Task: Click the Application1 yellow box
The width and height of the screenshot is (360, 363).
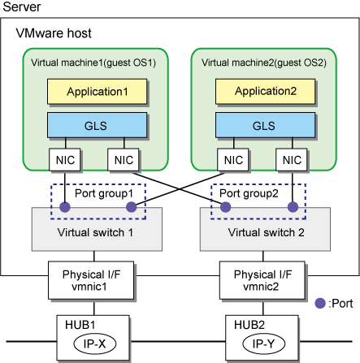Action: point(97,92)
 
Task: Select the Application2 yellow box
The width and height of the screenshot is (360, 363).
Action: point(265,91)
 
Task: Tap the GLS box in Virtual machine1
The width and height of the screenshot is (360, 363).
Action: point(97,125)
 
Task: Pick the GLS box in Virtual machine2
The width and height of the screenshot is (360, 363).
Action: point(265,125)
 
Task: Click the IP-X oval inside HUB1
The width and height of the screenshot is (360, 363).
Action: point(94,344)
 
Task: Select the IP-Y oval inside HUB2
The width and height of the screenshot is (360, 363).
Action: point(263,344)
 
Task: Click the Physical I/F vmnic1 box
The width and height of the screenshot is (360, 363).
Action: point(91,280)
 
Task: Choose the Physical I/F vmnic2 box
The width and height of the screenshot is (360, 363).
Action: point(262,280)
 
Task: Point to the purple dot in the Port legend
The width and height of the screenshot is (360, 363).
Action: point(320,303)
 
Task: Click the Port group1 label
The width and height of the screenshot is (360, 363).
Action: point(104,193)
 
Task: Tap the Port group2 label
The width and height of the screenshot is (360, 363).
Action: point(249,193)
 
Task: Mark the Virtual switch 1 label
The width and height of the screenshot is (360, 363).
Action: point(95,232)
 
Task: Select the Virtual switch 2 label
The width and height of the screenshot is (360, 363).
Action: point(266,232)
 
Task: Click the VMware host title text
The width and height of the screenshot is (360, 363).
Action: point(54,33)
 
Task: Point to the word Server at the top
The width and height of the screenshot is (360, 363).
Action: point(22,6)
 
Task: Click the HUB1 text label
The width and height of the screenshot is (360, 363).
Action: point(80,325)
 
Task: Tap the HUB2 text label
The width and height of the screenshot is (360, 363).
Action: point(249,325)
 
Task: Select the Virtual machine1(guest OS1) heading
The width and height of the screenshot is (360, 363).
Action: point(93,63)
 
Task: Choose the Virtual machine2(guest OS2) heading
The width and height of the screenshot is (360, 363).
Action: point(264,63)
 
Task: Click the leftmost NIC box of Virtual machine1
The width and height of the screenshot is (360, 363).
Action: point(65,160)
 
